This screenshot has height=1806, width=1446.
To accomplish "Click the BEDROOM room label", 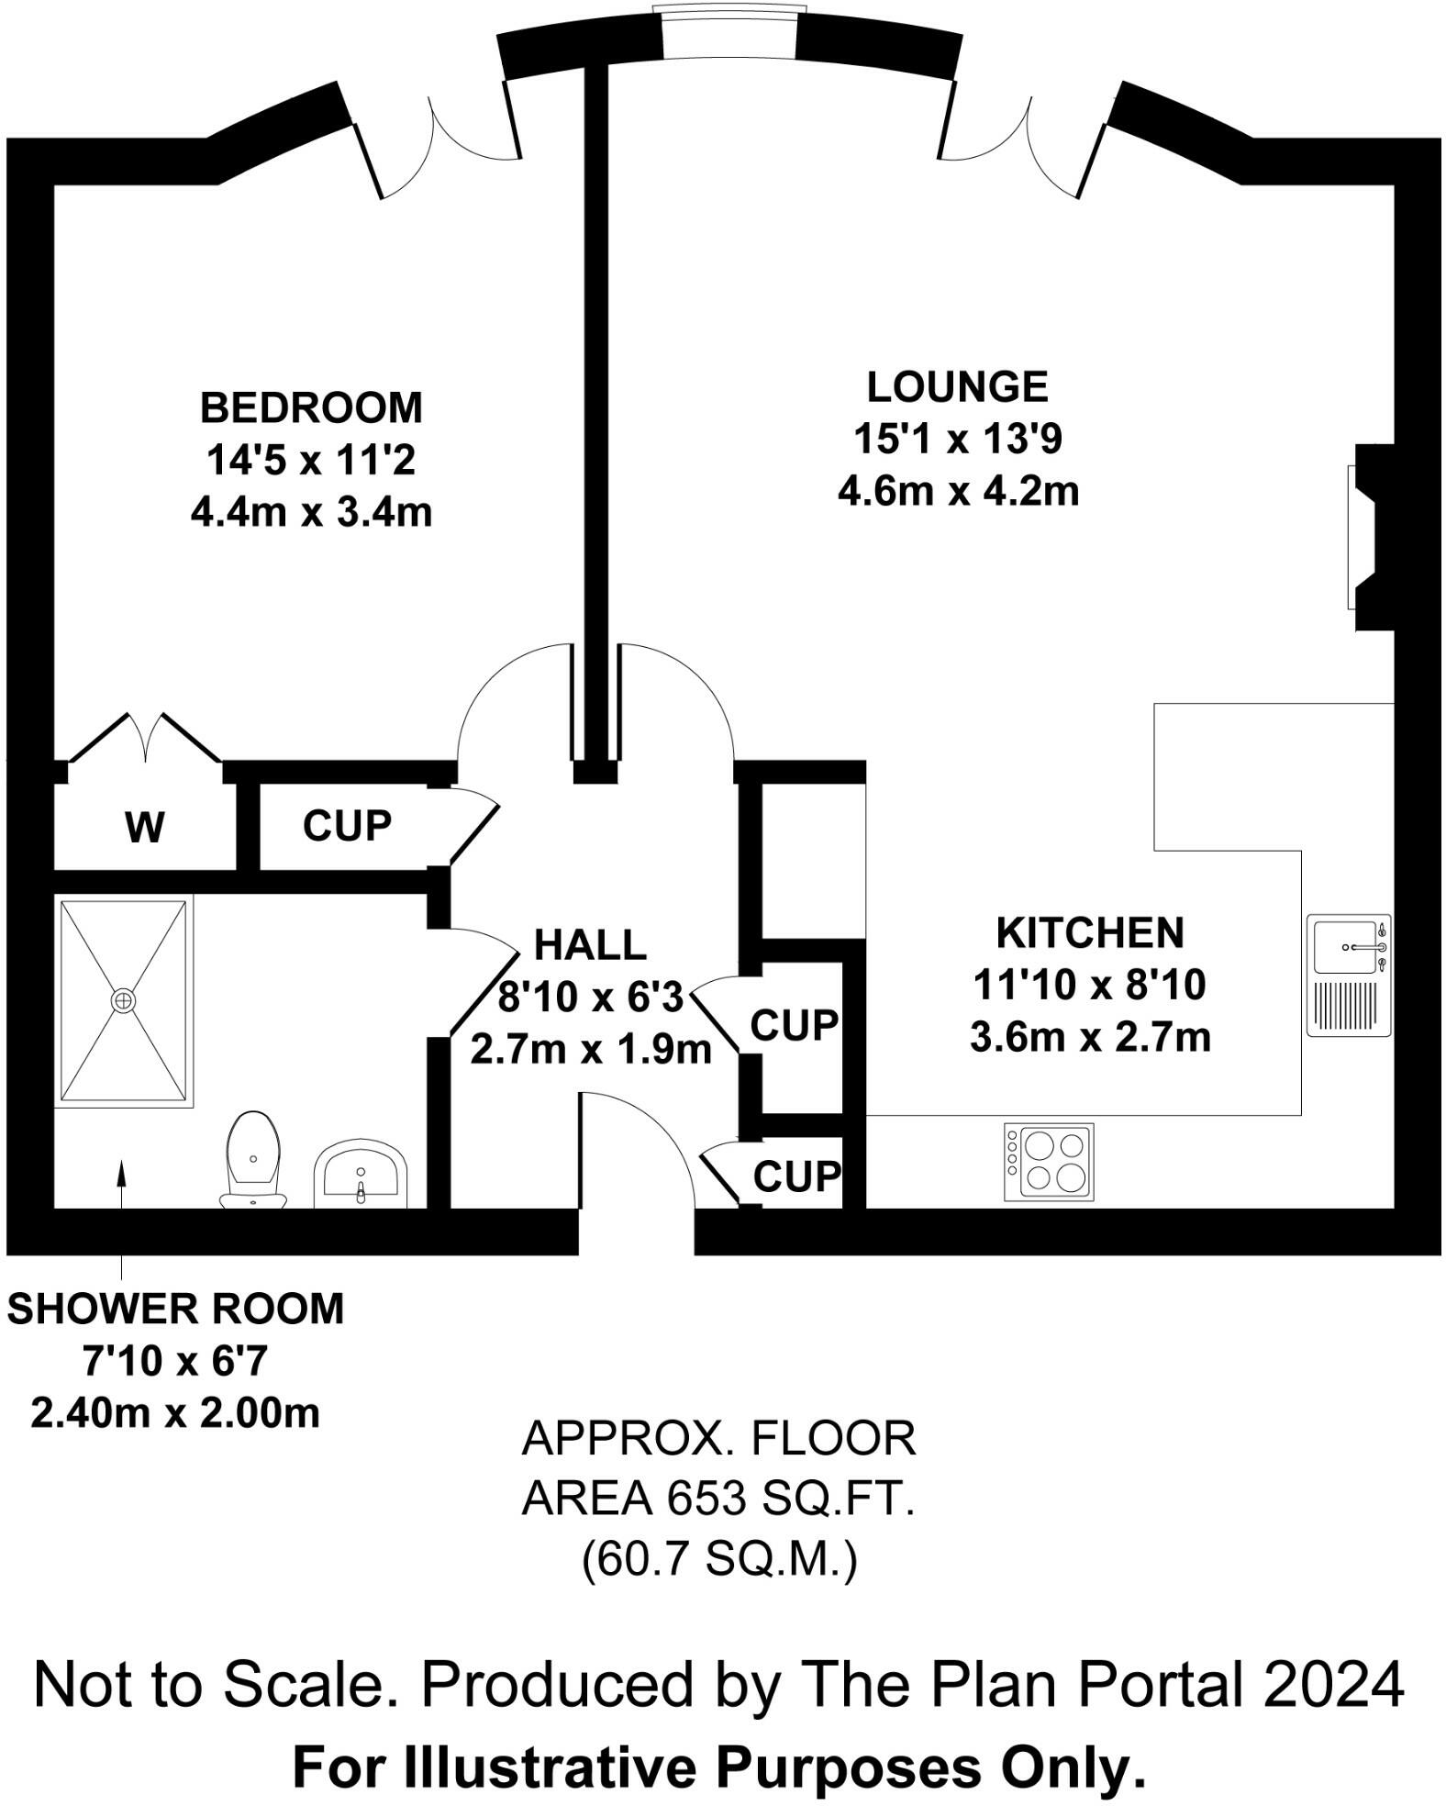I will coord(311,407).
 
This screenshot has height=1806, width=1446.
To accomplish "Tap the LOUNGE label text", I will coord(957,386).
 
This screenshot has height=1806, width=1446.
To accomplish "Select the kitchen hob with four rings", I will coord(1049,1161).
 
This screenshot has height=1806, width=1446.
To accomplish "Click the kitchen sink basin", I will coord(1344,947).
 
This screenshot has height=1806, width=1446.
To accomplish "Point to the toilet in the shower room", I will coord(253,1158).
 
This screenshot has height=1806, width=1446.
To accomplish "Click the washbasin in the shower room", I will coord(361,1176).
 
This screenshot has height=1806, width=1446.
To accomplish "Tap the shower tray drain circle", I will coord(124,1000).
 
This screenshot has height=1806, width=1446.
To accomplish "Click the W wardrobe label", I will coord(145,828).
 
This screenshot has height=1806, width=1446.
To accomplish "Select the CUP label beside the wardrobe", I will coord(347,826).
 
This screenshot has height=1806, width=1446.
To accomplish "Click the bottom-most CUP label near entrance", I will coord(796,1176).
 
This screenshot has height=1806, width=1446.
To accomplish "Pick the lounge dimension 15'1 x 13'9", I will coord(957,439).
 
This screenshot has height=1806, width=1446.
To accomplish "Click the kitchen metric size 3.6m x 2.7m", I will coord(1090,1037).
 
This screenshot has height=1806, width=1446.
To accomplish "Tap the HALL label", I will coord(590,945).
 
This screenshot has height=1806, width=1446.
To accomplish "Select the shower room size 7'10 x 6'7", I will coord(175,1361).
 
